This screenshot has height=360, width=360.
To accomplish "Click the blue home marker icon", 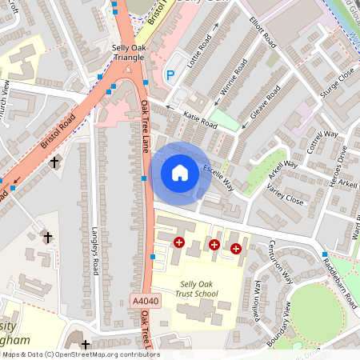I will [180, 172].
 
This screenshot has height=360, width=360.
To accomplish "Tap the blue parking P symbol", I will [170, 75].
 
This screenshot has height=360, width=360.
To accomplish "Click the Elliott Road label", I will [262, 30].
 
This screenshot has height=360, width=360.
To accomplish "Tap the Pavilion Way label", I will [258, 295].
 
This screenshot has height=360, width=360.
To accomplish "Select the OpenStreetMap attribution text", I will [80, 354].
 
